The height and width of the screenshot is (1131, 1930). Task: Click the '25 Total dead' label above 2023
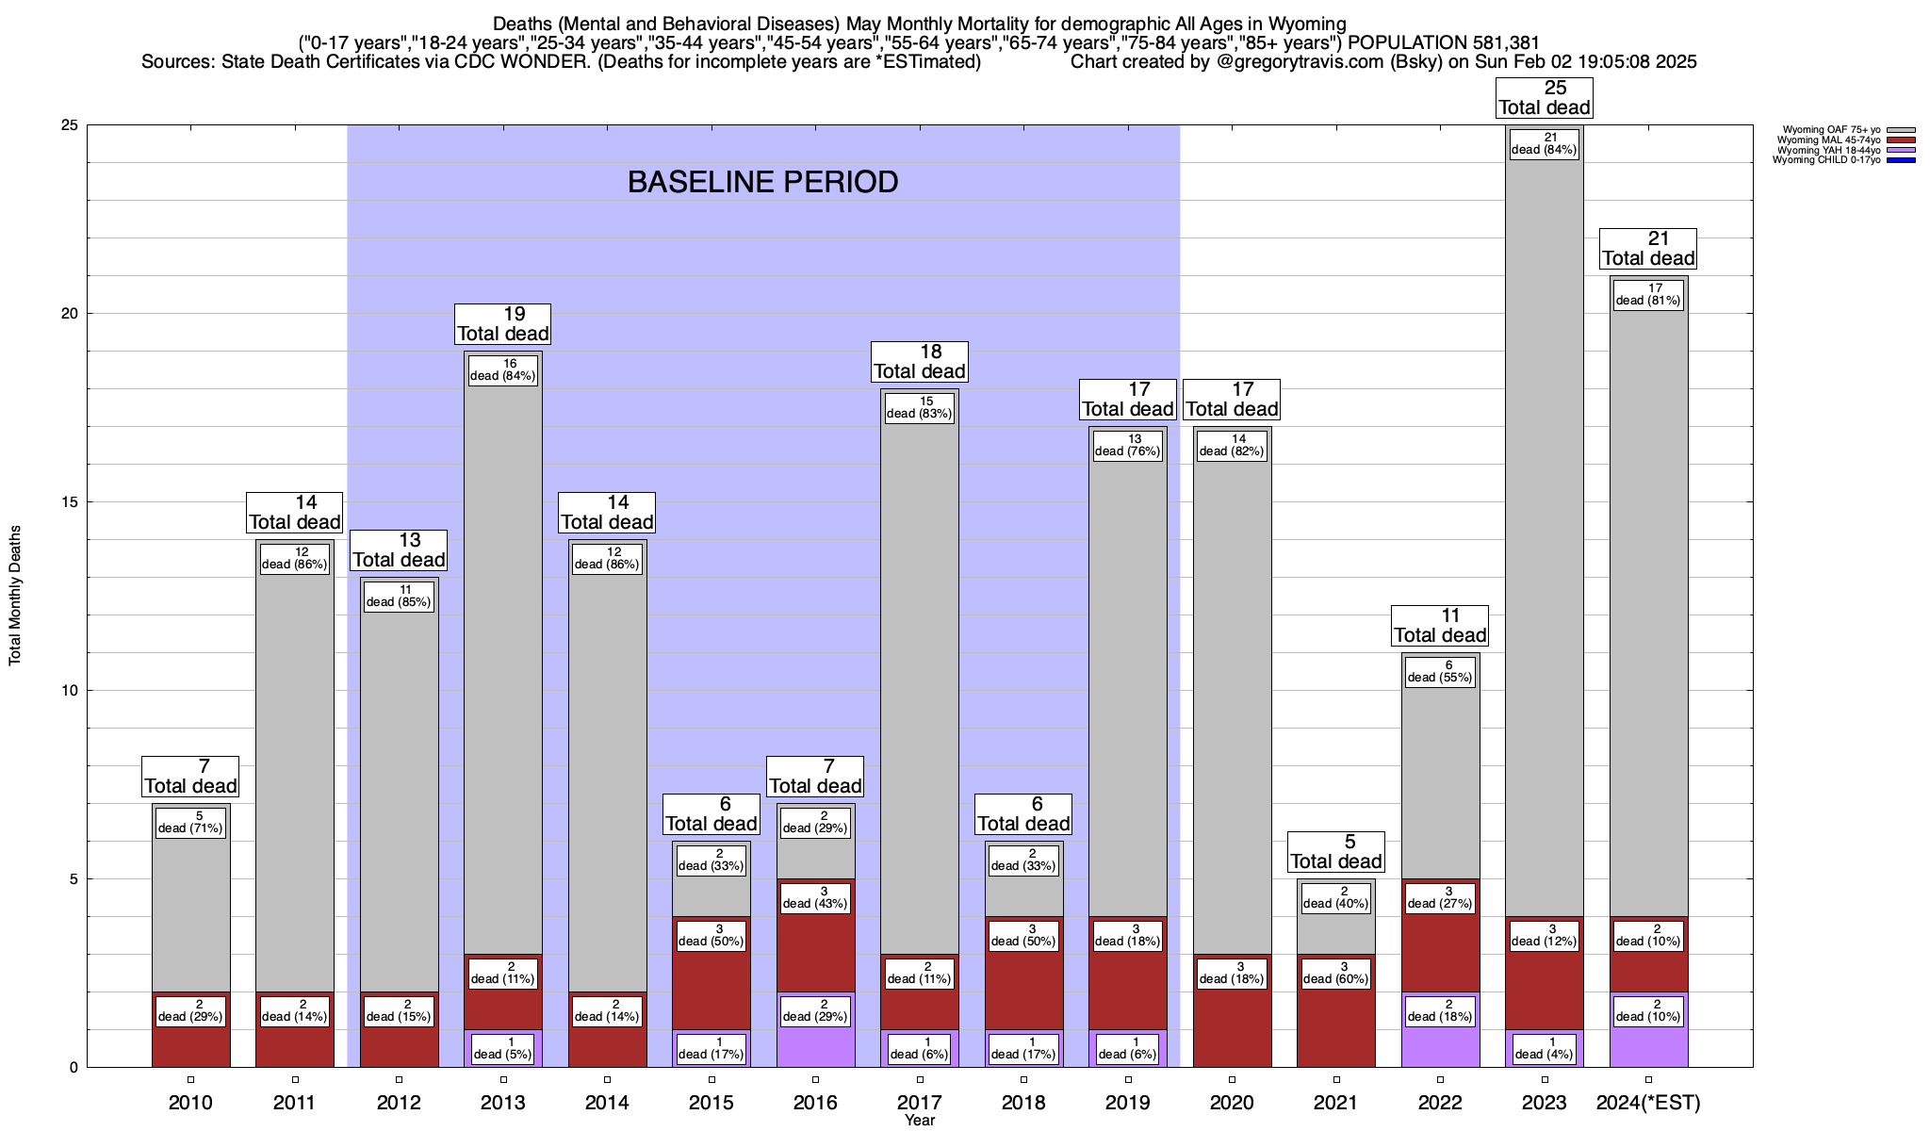[1544, 97]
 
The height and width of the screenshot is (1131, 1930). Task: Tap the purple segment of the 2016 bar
[815, 1046]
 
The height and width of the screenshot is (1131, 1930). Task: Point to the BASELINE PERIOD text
[762, 182]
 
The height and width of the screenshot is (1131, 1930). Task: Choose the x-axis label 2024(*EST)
[1647, 1103]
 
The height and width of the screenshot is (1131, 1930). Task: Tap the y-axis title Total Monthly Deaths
[15, 596]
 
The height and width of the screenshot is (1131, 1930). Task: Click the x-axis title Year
[919, 1121]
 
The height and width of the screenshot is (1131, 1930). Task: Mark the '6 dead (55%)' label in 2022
[1440, 671]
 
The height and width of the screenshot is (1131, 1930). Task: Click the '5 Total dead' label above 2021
[1335, 851]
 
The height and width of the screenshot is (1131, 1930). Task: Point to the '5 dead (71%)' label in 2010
[190, 822]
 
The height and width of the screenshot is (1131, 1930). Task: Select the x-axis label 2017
[919, 1103]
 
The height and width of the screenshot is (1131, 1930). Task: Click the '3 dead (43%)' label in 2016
[815, 897]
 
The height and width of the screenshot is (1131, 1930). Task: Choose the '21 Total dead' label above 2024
[1648, 248]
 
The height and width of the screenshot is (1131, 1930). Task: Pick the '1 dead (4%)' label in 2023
[1544, 1048]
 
